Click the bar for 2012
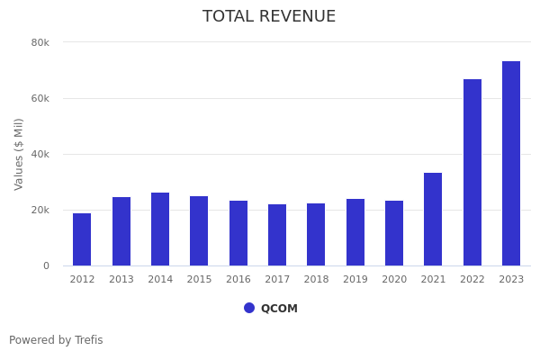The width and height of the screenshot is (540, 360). pos(82,239)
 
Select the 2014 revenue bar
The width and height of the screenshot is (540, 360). pos(160,229)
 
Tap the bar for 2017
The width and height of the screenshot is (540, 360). pos(277,235)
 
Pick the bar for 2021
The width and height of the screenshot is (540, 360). pos(433,220)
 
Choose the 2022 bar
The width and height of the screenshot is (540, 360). pos(472,173)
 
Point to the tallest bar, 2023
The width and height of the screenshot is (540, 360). pos(511,164)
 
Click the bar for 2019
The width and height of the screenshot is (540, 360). pos(355,232)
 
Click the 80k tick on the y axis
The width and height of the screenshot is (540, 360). pos(40,42)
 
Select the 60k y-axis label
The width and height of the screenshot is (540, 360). pos(40,98)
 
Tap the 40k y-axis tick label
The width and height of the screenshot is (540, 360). pos(40,154)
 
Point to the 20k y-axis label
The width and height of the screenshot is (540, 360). pos(40,210)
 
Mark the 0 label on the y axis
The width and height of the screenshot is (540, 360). pos(45,265)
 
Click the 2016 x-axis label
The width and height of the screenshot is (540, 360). pos(238,279)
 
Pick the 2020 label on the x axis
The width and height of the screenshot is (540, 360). pos(394,279)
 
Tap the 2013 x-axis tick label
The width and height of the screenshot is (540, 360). pos(121,279)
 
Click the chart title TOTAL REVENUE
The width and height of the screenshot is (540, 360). pos(269,17)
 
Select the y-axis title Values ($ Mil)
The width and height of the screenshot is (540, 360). pos(19,154)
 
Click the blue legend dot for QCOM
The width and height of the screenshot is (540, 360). pos(249,308)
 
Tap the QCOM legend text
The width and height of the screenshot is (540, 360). pos(279,309)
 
